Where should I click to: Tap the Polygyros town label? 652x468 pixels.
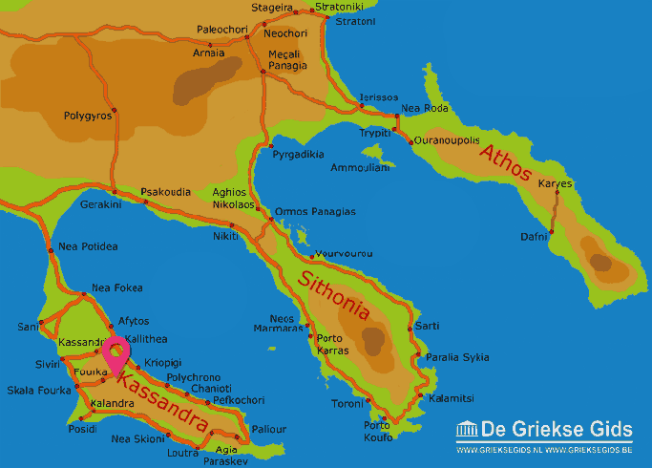[88, 116]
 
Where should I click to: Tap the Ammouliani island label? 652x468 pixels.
[360, 167]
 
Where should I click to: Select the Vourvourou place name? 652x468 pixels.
[344, 254]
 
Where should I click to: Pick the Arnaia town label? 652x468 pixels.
[210, 53]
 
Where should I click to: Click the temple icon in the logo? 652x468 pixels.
[467, 429]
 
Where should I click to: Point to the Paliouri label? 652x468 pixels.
[268, 429]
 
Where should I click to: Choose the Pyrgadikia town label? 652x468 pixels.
[298, 153]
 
